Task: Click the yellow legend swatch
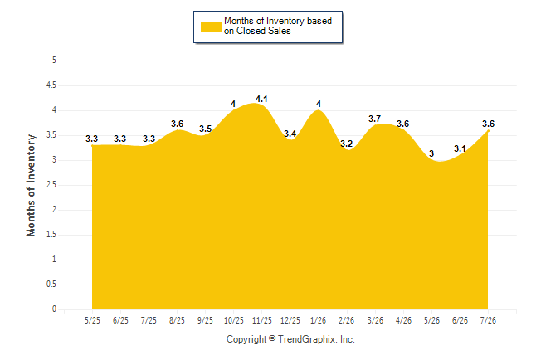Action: [211, 27]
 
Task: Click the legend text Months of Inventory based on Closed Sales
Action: [278, 26]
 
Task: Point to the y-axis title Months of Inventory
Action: [31, 185]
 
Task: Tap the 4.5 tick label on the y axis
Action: [51, 85]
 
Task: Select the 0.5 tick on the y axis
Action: [51, 285]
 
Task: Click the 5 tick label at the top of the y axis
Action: [54, 61]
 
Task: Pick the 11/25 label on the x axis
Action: [262, 320]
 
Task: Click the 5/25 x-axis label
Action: [92, 320]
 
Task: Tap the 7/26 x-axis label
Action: [488, 320]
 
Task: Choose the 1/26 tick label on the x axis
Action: [319, 320]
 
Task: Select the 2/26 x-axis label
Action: [347, 320]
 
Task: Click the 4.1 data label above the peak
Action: [261, 99]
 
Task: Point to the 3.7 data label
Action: [375, 119]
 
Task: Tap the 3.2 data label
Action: [346, 144]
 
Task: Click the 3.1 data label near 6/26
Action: [460, 148]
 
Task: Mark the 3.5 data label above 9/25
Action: [206, 129]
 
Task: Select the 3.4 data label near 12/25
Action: [290, 134]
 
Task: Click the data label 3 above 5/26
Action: [431, 153]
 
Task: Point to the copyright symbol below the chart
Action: [272, 338]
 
